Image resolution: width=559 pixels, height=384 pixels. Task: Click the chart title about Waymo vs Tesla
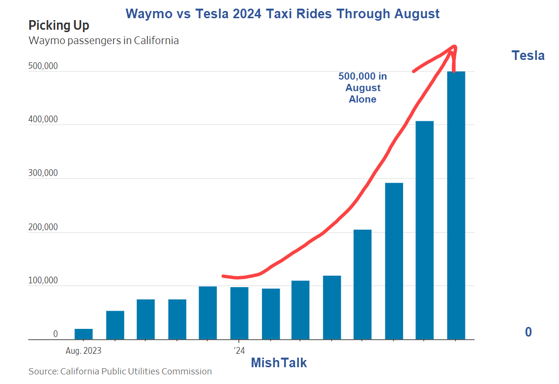[282, 14]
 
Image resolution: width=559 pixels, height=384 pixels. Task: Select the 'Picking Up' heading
[59, 25]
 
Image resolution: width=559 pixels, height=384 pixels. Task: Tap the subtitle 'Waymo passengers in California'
[104, 41]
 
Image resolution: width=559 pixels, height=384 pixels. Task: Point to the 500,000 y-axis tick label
[43, 66]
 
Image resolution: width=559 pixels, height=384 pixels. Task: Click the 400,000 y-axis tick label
[43, 120]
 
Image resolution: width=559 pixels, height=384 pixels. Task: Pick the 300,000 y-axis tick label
[43, 174]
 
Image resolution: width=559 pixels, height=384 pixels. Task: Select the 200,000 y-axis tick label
[43, 227]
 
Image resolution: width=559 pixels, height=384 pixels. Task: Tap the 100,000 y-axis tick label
[43, 280]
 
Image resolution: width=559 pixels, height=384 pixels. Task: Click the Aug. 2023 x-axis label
[83, 350]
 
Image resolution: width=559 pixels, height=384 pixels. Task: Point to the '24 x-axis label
[239, 350]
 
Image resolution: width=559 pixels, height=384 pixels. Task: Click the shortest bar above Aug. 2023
[83, 334]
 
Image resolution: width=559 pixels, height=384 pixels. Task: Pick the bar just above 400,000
[424, 230]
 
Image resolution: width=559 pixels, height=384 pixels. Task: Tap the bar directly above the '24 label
[239, 313]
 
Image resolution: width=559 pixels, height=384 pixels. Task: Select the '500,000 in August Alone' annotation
[362, 88]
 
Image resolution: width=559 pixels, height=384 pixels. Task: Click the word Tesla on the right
[528, 56]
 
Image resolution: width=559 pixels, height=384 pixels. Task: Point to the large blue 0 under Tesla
[528, 332]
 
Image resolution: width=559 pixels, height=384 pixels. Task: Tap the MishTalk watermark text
[279, 363]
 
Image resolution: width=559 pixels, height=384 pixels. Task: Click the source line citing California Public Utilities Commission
[120, 372]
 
